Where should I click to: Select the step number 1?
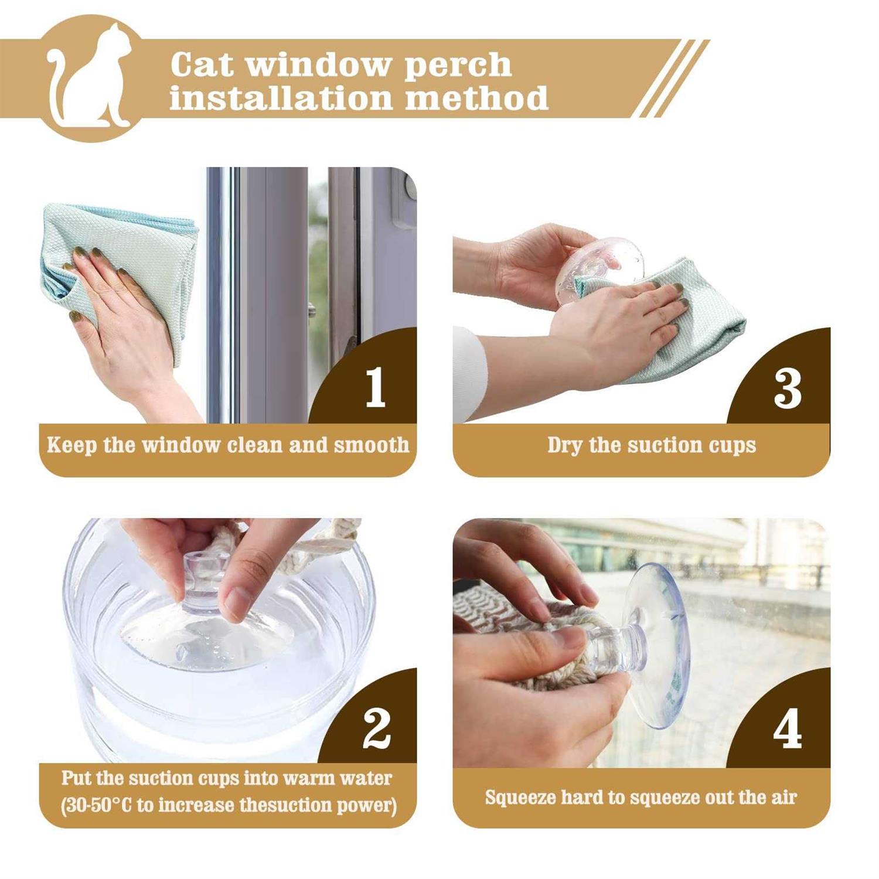tap(376, 388)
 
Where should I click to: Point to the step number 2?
tap(376, 728)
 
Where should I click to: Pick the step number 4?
tap(787, 729)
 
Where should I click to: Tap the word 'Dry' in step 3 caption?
tap(565, 446)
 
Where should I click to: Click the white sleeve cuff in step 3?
tap(468, 375)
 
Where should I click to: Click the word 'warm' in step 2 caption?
tap(307, 778)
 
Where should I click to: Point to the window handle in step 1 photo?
tap(404, 205)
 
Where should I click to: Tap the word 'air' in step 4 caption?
tap(783, 798)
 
